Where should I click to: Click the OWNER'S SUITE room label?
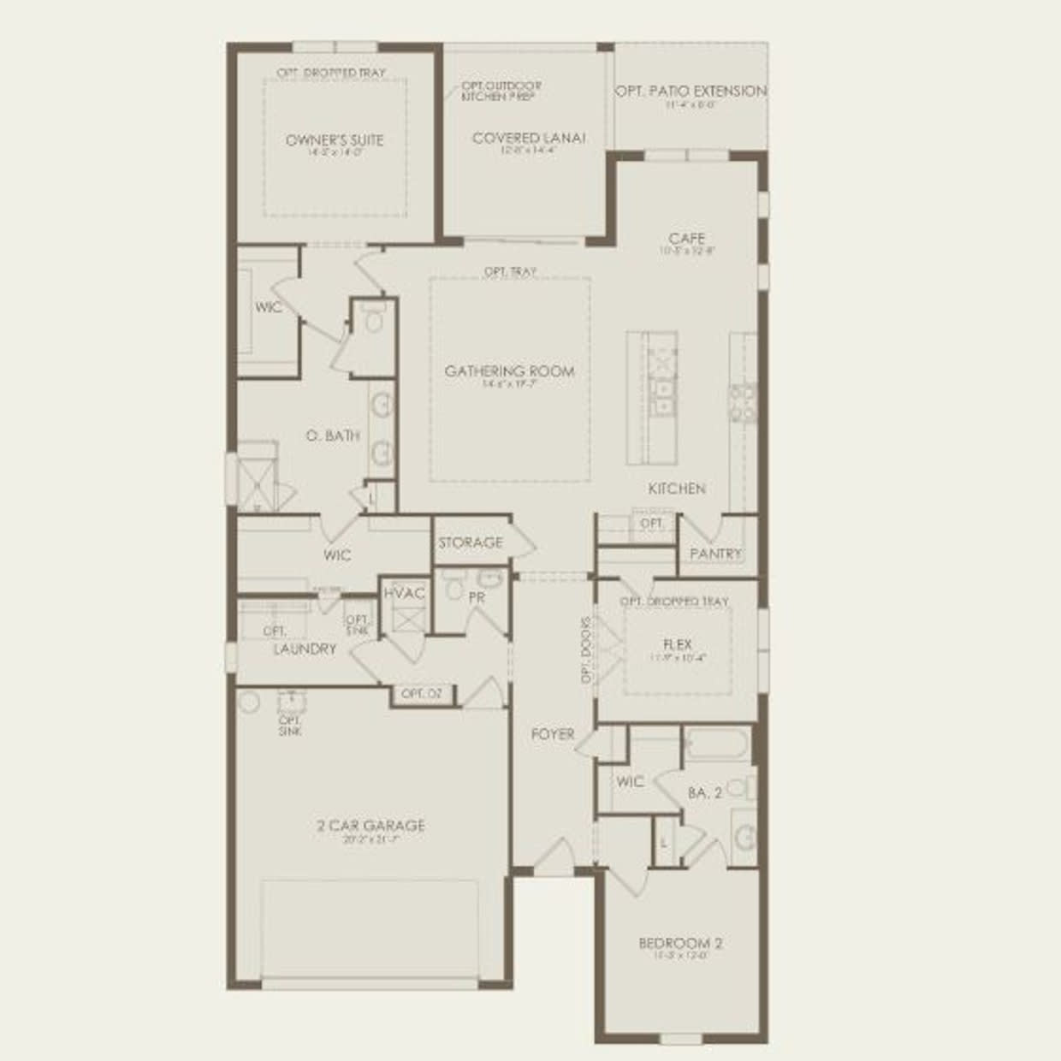335,140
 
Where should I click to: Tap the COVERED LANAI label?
529,138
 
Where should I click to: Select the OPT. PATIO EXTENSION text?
691,91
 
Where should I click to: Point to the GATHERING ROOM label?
509,371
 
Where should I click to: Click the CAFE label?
687,239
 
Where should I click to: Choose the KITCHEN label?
677,489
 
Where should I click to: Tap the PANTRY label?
715,554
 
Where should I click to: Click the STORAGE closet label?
471,542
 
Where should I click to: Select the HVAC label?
404,594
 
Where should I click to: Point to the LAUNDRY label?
305,649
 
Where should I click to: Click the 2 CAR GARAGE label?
371,826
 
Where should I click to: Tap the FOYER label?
553,734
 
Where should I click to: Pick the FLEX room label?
677,644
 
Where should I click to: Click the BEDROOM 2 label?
681,944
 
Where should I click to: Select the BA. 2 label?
705,793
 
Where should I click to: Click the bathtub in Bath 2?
717,745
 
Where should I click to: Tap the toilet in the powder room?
453,589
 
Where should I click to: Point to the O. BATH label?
333,436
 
